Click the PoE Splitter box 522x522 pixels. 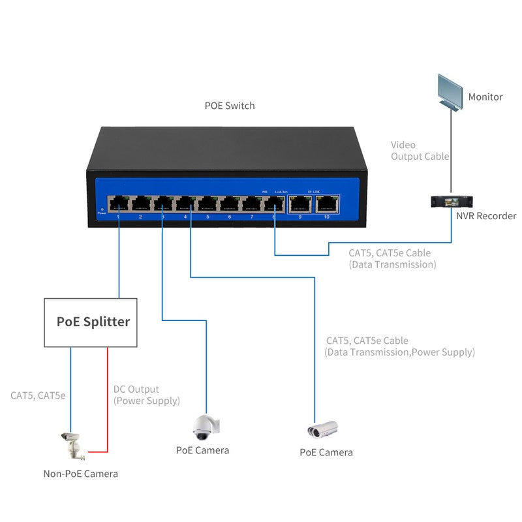(x=90, y=322)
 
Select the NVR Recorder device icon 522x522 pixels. (x=450, y=202)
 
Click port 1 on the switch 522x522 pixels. (x=119, y=204)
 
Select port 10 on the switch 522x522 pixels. (x=326, y=204)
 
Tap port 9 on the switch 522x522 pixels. (x=300, y=204)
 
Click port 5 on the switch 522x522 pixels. (x=207, y=204)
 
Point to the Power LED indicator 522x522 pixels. (x=101, y=208)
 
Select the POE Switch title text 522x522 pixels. (x=230, y=105)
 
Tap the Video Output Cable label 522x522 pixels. (x=420, y=151)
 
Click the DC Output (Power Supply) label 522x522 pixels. (x=146, y=395)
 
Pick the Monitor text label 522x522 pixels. (x=485, y=97)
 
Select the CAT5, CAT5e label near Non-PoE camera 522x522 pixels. (x=38, y=395)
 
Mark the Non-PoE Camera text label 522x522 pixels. (x=80, y=474)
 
